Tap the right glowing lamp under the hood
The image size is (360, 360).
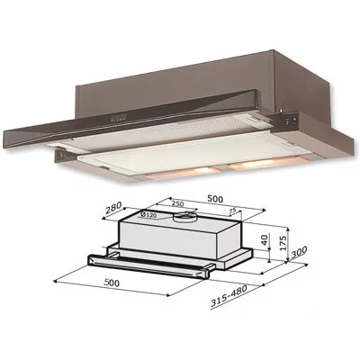click(x=256, y=162)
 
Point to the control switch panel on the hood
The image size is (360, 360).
click(x=291, y=120)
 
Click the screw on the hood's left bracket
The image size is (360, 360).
click(x=61, y=156)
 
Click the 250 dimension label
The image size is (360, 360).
click(x=177, y=203)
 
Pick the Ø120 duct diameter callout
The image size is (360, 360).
click(x=148, y=216)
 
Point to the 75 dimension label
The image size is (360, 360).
click(x=232, y=211)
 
